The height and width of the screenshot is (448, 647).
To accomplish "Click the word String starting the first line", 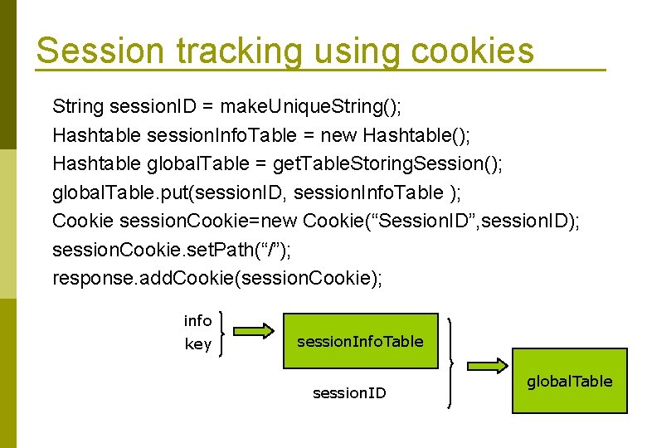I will pyautogui.click(x=78, y=107).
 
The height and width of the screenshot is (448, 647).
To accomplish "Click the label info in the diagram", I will pyautogui.click(x=197, y=321).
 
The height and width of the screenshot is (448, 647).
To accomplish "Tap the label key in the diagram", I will pyautogui.click(x=197, y=344).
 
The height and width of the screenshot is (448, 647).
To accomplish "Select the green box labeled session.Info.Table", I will pyautogui.click(x=359, y=341).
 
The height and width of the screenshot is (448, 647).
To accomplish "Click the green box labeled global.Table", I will pyautogui.click(x=569, y=381).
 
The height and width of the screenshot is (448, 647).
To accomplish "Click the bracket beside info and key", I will pyautogui.click(x=224, y=332).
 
